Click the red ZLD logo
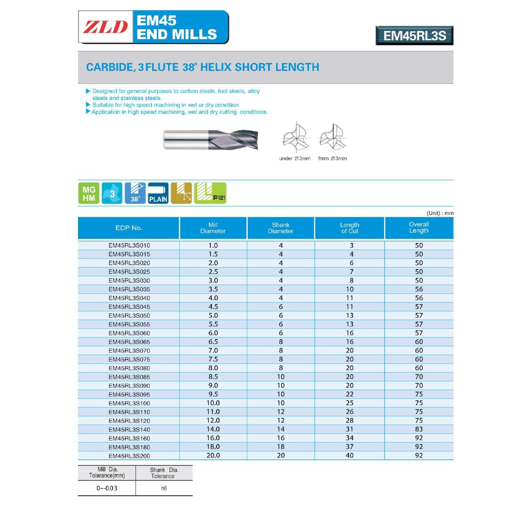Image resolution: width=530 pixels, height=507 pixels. (105, 27)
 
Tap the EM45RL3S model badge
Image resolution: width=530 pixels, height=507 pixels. (414, 36)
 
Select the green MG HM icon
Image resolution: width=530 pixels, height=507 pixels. (89, 193)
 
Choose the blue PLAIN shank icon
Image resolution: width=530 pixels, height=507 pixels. (158, 193)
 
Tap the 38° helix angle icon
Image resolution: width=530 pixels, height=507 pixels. (135, 193)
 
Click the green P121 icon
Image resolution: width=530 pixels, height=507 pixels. (210, 193)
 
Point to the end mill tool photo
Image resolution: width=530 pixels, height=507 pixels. (211, 140)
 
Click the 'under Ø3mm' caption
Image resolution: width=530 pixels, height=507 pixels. (295, 158)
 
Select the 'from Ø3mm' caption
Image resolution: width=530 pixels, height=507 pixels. (332, 158)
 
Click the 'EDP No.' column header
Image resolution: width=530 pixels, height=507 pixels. (129, 228)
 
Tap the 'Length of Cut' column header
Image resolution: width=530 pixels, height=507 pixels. (349, 228)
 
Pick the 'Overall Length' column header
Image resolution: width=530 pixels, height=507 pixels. (419, 227)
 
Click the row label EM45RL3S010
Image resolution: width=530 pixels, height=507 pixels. (129, 245)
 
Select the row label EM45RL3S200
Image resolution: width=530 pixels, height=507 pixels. (129, 456)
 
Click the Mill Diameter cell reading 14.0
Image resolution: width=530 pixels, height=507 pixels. (213, 429)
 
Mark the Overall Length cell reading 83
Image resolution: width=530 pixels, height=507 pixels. (419, 429)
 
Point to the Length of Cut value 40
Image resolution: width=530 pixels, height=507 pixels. (349, 455)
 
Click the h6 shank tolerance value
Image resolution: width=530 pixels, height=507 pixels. (164, 488)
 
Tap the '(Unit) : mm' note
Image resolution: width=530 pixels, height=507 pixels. (440, 213)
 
